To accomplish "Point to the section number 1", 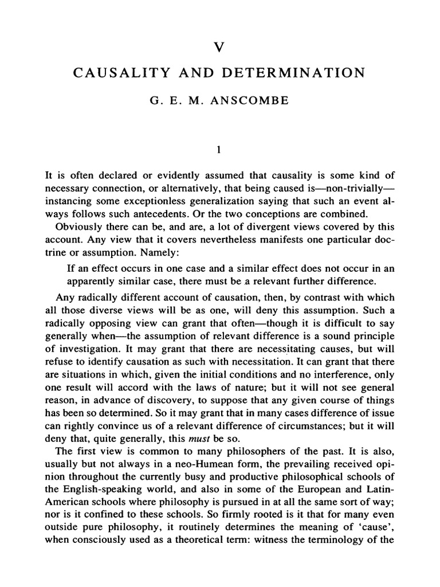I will point(219,151).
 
